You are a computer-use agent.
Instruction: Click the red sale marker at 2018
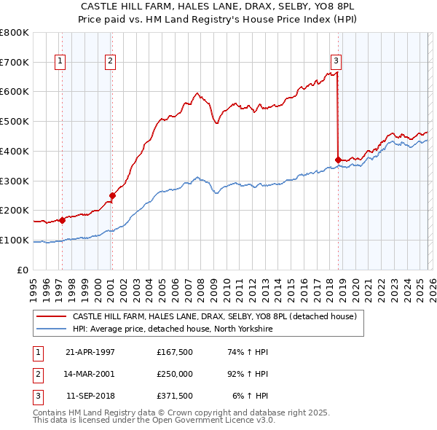click(x=338, y=160)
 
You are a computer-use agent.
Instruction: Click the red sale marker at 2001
click(x=112, y=195)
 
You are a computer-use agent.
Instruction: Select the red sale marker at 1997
click(x=62, y=219)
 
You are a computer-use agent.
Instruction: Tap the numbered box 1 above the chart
click(x=59, y=62)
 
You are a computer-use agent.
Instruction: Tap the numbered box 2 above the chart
click(x=110, y=62)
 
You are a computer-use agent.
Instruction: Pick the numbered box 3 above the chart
click(x=336, y=62)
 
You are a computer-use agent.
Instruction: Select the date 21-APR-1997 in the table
click(x=90, y=352)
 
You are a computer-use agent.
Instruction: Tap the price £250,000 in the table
click(x=175, y=374)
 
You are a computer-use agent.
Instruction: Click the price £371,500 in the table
click(x=175, y=396)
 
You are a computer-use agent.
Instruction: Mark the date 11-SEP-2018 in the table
click(x=90, y=396)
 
